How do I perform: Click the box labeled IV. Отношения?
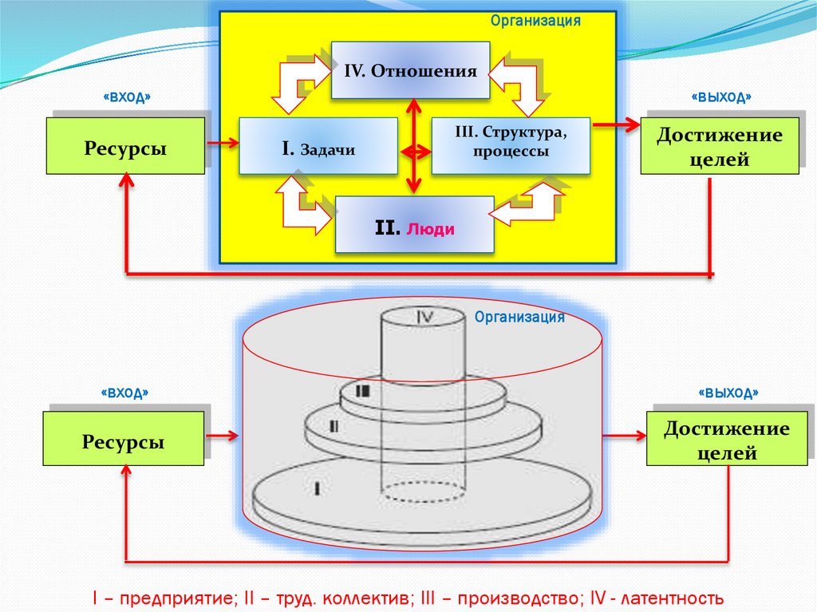tap(410, 70)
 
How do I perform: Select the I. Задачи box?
tap(318, 146)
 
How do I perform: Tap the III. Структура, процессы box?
tap(511, 145)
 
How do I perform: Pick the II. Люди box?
tap(414, 225)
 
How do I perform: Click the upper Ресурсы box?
tap(125, 146)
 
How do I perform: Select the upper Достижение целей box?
tap(719, 147)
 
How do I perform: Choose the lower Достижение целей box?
tap(727, 440)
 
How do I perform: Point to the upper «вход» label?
tap(127, 97)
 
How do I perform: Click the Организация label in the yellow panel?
tap(535, 21)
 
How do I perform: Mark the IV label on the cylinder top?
tap(424, 317)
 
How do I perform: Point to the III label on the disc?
tap(363, 392)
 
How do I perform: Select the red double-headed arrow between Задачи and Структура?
tap(414, 150)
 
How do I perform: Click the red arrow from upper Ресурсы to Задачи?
tap(222, 144)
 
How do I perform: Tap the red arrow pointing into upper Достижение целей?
tap(615, 124)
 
